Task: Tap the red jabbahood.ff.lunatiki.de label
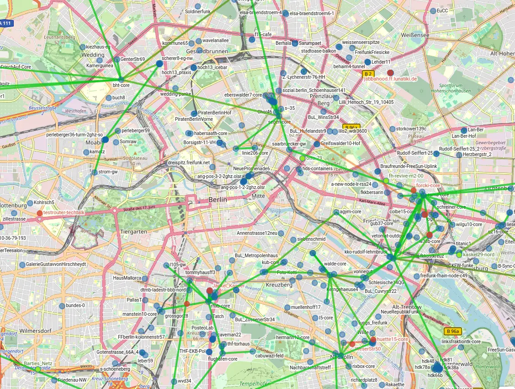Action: coord(390,79)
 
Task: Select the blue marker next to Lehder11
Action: coord(367,62)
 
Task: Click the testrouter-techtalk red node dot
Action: coord(39,213)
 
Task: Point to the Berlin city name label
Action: coord(218,200)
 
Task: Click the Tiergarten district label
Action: coord(133,232)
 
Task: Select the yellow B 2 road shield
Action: coord(368,73)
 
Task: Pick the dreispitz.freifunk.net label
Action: coord(188,162)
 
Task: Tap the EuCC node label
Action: coord(442,11)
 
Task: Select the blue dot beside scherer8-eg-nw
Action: coord(159,64)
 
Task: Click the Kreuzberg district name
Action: coord(278,285)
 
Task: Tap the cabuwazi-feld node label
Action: coord(269,356)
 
